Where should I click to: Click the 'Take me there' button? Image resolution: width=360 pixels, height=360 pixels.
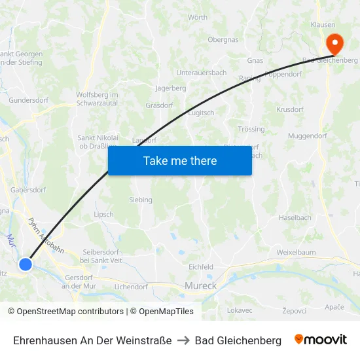[x=180, y=161]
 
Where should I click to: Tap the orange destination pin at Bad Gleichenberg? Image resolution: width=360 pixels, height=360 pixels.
[x=334, y=44]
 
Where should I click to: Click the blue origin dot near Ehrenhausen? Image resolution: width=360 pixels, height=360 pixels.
[x=25, y=264]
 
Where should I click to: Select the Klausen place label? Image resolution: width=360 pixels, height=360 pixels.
[x=323, y=25]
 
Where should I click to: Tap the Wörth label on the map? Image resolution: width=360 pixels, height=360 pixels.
[x=197, y=17]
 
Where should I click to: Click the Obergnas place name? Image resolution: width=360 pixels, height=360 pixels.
[x=223, y=40]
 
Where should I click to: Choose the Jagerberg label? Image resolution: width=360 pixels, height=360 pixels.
[x=170, y=88]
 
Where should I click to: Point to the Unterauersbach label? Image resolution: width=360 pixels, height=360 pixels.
[x=201, y=73]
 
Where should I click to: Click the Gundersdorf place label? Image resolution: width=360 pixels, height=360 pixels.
[x=29, y=101]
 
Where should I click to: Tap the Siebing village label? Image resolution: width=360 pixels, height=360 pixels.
[x=141, y=200]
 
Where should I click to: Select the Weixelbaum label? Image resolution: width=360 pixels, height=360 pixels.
[x=296, y=252]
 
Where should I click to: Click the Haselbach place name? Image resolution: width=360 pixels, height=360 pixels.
[x=295, y=217]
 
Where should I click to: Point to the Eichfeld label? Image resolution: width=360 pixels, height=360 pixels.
[x=201, y=267]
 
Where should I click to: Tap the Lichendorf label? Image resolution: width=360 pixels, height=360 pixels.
[x=131, y=287]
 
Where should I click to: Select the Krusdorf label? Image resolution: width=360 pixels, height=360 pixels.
[x=290, y=109]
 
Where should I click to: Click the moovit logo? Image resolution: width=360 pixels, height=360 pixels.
[x=321, y=340]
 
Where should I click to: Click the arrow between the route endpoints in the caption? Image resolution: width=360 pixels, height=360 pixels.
[x=183, y=340]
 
